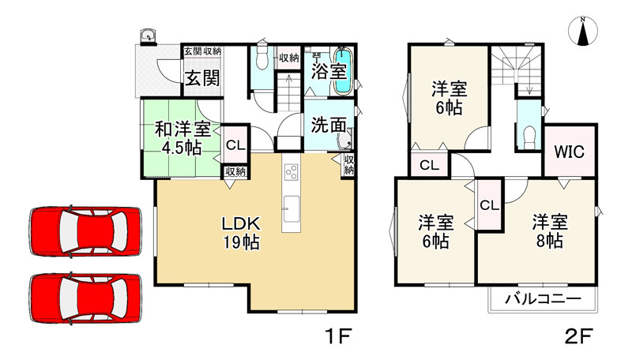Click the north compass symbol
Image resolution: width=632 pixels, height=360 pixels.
click(583, 32)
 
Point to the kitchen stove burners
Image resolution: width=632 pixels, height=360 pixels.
click(292, 171)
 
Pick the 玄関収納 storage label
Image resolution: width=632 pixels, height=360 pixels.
click(202, 51)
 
